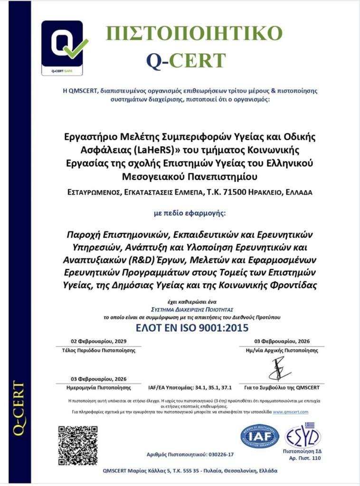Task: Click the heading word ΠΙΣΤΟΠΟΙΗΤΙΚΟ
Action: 194,33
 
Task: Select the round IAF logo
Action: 259,437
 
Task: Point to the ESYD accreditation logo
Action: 303,435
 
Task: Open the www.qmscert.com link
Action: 291,412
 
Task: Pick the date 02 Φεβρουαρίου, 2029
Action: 99,341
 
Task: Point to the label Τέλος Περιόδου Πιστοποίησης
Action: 99,351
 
